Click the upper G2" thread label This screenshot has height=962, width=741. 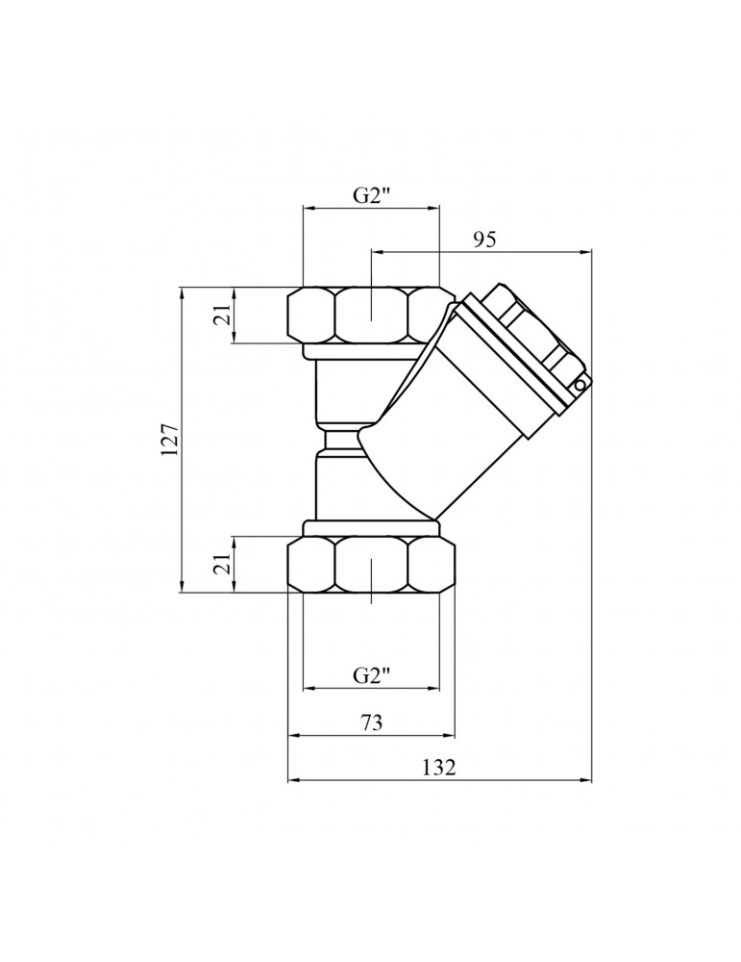[x=372, y=195]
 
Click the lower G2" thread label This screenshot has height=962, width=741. [x=372, y=675]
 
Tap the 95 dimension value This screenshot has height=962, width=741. [x=483, y=240]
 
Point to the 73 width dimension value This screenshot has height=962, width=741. [x=372, y=722]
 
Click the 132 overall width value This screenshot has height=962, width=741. [x=439, y=767]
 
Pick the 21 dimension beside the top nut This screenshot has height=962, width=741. [x=224, y=315]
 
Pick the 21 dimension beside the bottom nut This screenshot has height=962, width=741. [x=224, y=563]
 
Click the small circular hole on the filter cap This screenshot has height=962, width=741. [x=580, y=384]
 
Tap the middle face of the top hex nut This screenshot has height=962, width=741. [x=371, y=316]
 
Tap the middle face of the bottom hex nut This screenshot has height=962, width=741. [x=371, y=564]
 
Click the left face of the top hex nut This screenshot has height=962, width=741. [x=312, y=316]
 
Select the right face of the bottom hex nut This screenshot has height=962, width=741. [x=432, y=564]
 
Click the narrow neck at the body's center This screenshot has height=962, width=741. [x=340, y=440]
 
